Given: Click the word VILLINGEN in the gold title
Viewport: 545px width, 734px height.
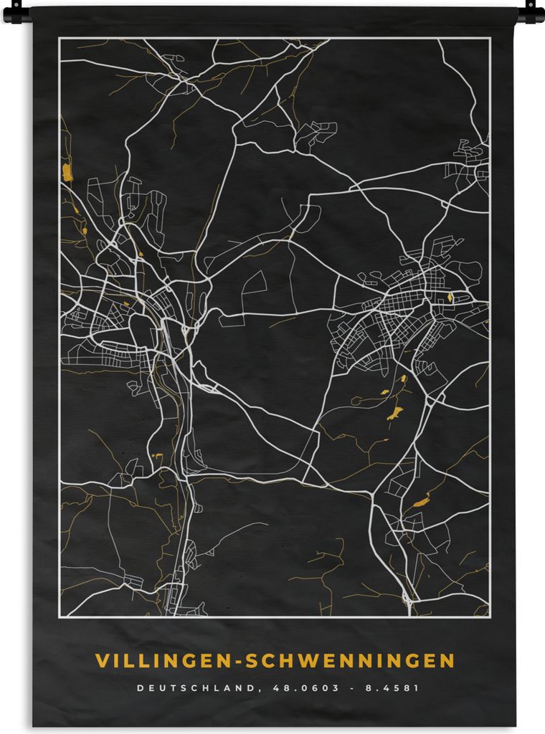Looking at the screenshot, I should point(162,659).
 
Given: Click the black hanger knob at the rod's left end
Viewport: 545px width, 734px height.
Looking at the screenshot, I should point(16,11).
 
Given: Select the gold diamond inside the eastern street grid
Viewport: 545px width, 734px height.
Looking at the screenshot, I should point(450,297).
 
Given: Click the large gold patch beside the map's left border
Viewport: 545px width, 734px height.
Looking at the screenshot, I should point(67,172).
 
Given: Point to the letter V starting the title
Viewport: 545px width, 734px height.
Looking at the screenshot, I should point(101,659).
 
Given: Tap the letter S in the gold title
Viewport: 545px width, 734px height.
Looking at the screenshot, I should point(251,659).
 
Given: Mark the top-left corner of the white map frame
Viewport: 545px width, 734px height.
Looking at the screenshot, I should point(60,38).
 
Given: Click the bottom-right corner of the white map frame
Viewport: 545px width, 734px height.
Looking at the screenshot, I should point(490,617).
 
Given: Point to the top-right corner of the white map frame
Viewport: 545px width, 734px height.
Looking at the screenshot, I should point(490,38).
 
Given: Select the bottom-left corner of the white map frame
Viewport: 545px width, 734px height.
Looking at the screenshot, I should point(60,617).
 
